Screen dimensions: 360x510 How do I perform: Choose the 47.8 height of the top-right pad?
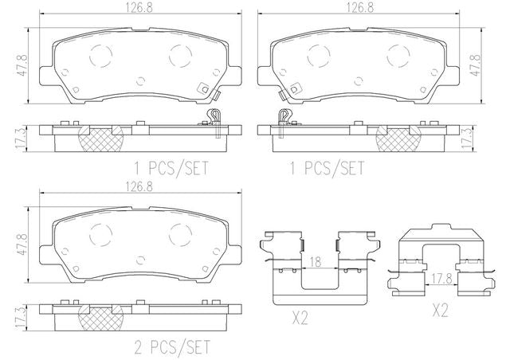coord(475,63)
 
